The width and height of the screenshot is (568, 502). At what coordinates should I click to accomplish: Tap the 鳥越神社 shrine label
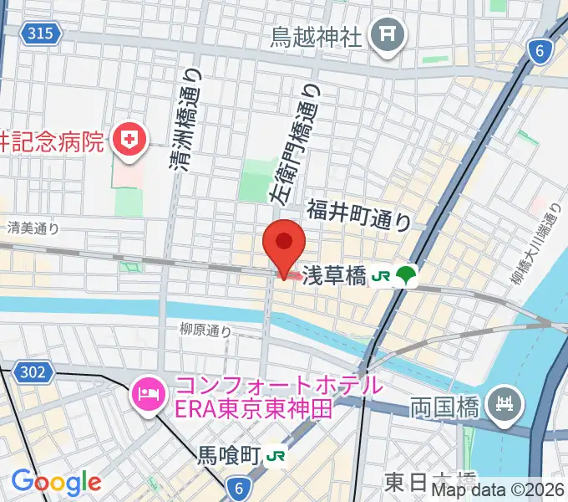click(316, 35)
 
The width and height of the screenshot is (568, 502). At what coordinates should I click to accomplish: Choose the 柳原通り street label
click(205, 330)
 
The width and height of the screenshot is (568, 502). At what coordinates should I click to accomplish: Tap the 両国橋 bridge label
click(443, 408)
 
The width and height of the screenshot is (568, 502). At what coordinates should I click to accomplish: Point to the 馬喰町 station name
click(228, 457)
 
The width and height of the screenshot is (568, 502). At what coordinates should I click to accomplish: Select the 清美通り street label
click(33, 227)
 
